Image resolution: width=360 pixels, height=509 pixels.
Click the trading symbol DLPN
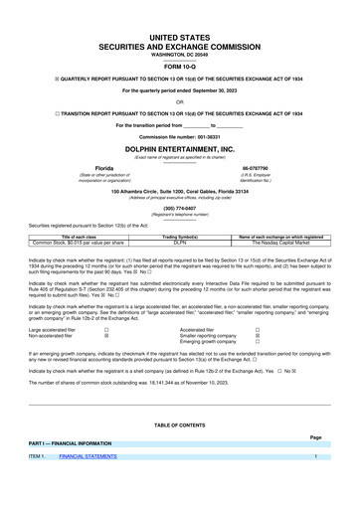coord(181,242)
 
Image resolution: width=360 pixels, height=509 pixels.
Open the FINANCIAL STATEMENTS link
coord(87,456)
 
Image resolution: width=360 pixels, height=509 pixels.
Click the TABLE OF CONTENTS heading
coord(179,424)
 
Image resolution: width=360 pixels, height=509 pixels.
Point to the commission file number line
coord(179,135)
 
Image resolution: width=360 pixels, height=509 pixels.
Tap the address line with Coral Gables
coord(179,189)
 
